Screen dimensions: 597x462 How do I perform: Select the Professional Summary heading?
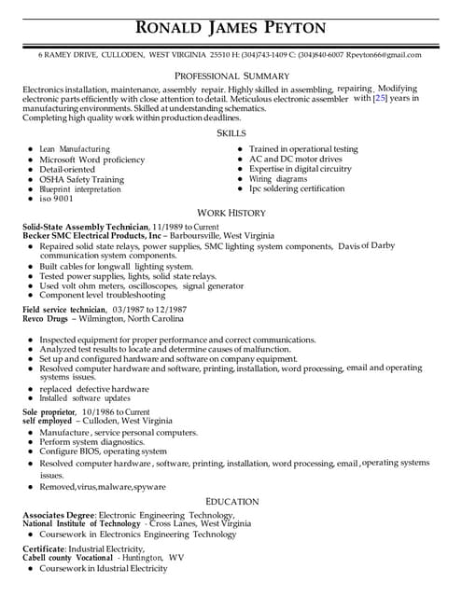tap(231, 76)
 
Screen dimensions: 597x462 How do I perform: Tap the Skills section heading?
tap(231, 133)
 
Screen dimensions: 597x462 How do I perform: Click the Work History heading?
tap(231, 213)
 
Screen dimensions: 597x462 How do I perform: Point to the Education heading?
tap(231, 501)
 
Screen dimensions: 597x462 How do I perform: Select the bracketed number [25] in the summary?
tap(380, 98)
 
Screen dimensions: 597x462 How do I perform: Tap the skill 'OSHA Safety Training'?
tap(82, 179)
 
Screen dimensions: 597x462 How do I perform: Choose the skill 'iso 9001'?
tap(56, 199)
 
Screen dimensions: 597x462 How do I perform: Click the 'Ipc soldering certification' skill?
tap(297, 188)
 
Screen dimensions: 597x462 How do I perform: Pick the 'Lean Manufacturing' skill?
tap(75, 149)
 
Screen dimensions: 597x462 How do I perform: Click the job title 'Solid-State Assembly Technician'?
tap(85, 228)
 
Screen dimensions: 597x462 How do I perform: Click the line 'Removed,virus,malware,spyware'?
tap(103, 487)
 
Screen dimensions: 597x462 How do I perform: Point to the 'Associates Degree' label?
tap(57, 515)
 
